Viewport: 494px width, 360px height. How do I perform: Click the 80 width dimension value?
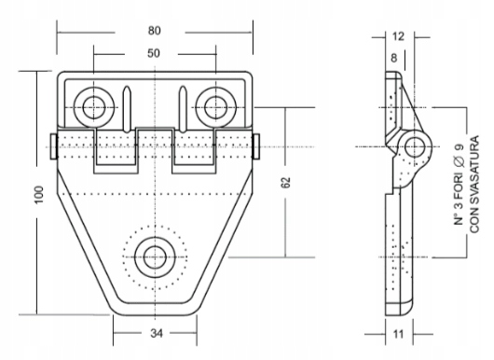(x=155, y=31)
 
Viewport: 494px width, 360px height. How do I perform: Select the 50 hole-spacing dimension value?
(x=154, y=53)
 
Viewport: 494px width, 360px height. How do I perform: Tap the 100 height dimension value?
(x=39, y=195)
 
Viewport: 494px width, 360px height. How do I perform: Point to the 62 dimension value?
(x=285, y=183)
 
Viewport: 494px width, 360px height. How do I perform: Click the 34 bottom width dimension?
(x=157, y=333)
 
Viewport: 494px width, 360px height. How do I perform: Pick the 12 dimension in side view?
(x=398, y=36)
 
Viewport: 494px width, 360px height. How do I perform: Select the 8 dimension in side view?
(x=394, y=58)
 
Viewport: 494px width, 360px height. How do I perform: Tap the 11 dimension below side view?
(x=398, y=334)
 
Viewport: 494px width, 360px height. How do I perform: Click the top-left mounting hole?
(x=93, y=107)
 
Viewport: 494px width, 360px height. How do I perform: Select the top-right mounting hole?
(x=215, y=107)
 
